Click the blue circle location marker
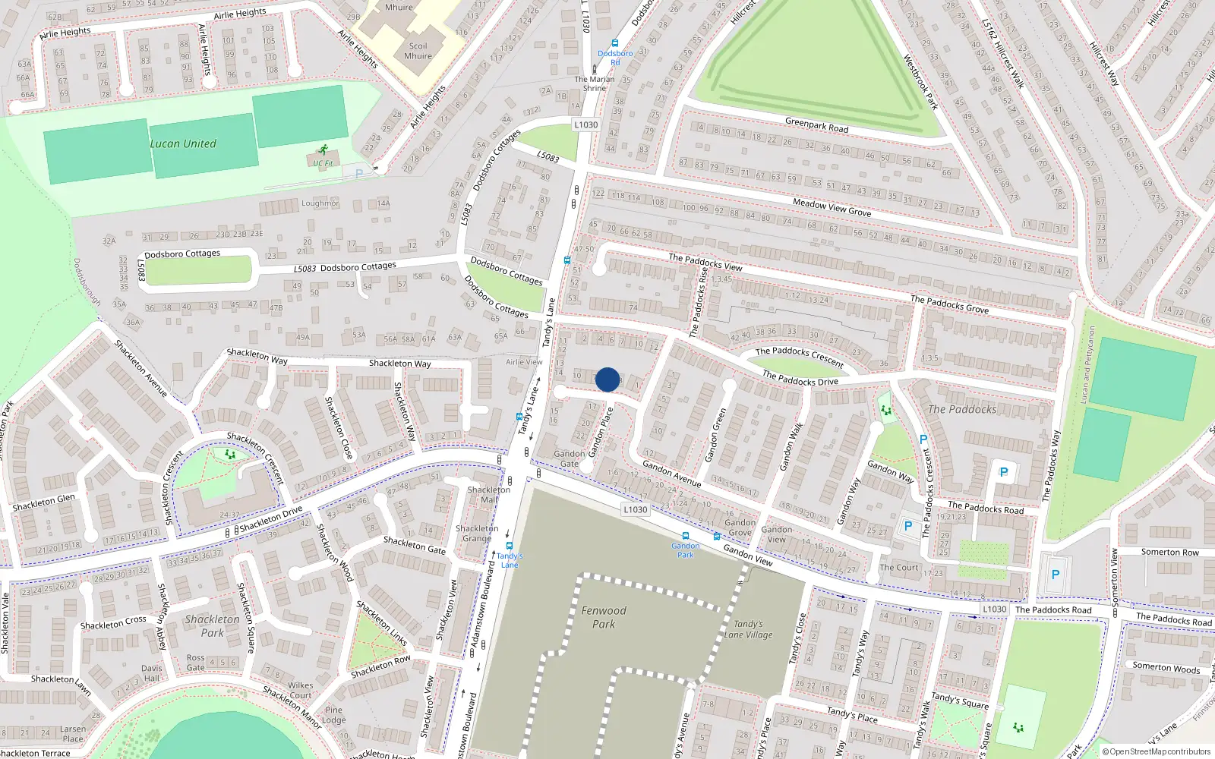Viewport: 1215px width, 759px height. point(607,379)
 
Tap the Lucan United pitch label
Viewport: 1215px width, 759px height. point(183,143)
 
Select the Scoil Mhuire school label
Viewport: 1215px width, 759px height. point(418,51)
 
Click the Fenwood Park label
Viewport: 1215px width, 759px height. point(604,617)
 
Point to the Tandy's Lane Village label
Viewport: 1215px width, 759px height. point(748,629)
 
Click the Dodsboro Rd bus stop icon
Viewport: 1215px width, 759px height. point(615,44)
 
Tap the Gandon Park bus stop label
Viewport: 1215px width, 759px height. point(685,550)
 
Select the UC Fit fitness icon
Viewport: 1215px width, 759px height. point(324,150)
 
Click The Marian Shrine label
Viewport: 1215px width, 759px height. point(595,83)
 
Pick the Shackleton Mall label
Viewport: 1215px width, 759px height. point(488,494)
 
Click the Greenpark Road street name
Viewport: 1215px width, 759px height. point(816,125)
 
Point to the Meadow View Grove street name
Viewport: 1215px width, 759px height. point(832,207)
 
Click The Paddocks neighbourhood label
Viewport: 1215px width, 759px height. point(962,409)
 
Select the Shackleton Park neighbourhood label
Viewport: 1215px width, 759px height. point(212,625)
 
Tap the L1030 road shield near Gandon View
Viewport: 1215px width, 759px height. point(635,509)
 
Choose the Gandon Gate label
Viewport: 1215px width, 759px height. point(569,458)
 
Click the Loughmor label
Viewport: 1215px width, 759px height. point(320,203)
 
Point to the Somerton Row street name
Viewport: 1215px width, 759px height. point(1169,552)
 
